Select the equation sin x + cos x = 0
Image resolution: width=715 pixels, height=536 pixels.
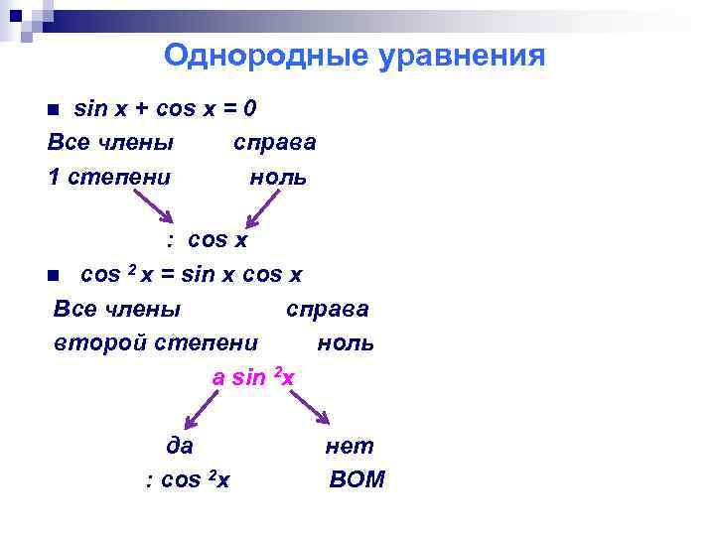(167, 107)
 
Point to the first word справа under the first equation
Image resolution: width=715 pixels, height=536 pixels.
(275, 142)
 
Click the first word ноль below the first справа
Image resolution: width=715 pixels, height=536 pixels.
(278, 178)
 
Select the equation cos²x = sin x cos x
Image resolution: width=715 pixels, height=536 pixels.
(191, 274)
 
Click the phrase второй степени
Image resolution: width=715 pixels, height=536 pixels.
(156, 343)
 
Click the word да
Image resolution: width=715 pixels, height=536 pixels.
(179, 447)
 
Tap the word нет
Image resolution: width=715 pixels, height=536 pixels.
(350, 447)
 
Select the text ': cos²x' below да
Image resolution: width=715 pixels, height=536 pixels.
(188, 480)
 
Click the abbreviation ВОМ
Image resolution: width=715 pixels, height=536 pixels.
(356, 480)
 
